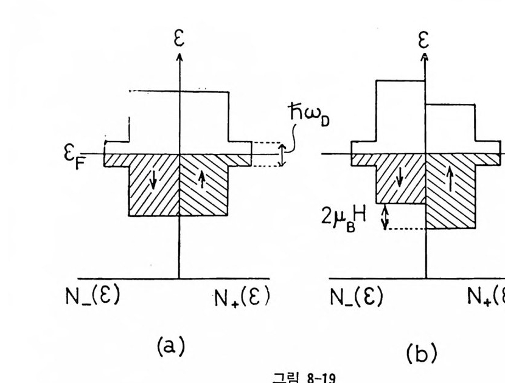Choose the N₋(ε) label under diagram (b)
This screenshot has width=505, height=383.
point(357,297)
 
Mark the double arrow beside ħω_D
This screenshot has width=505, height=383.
point(282,154)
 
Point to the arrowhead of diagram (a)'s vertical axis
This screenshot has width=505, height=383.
point(179,56)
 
